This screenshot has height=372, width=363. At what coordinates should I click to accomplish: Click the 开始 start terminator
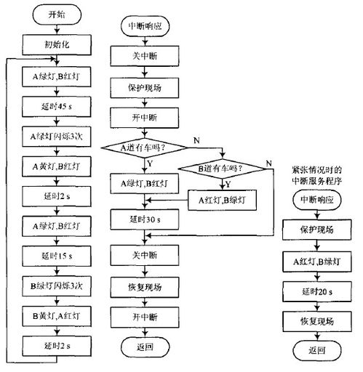coord(57,15)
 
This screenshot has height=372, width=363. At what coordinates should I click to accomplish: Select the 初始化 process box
coord(57,45)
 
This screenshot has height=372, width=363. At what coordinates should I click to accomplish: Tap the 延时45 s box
coord(57,107)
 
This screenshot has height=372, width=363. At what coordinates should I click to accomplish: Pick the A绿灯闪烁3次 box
coord(57,137)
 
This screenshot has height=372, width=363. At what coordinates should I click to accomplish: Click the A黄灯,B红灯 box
coord(57,166)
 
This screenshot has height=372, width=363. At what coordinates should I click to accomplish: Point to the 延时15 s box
coord(57,256)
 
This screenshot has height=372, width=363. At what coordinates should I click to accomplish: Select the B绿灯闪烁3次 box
coord(57,286)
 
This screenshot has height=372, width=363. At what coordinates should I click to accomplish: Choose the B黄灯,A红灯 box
coord(57,316)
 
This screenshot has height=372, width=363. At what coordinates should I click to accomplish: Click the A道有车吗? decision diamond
coord(145,147)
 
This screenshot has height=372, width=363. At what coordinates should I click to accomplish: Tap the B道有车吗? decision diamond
coord(222,169)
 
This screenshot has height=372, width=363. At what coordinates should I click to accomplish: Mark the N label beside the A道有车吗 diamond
coord(196,140)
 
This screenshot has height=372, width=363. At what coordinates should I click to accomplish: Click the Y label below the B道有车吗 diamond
coord(228,185)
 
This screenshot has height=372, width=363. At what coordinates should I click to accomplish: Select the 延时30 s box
coord(145,219)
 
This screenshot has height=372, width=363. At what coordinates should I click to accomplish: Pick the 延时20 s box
coord(317,291)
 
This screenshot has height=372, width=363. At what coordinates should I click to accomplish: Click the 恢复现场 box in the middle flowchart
coord(145,288)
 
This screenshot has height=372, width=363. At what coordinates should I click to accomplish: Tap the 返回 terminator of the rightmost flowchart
coord(317,350)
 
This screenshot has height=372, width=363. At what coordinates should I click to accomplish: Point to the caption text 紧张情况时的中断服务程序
coord(316,176)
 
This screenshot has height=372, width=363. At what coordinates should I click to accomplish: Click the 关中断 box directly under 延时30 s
coord(145,255)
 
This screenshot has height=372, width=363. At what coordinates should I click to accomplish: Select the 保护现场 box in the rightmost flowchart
coord(317,230)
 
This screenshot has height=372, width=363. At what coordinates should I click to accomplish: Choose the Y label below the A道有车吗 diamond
coord(150,163)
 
